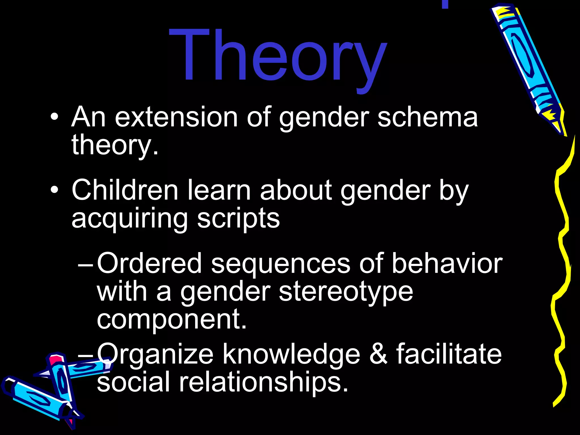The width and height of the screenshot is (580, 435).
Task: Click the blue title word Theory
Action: tap(278, 57)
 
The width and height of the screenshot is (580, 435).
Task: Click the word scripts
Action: tap(238, 219)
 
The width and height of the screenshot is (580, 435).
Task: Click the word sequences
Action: tap(280, 263)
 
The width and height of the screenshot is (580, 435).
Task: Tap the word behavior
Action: tap(447, 263)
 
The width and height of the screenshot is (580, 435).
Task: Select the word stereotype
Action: tap(346, 292)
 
